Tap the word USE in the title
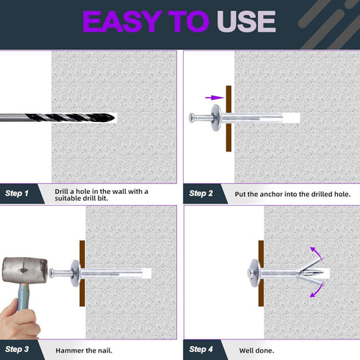(246, 21)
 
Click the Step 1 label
(17, 193)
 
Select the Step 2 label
(201, 193)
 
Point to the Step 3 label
(17, 349)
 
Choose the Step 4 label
(201, 349)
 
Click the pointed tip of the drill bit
(114, 118)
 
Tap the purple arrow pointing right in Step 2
(215, 98)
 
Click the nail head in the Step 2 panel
(192, 118)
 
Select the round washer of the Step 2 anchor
(216, 118)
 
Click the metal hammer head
(25, 270)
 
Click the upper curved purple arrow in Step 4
(317, 252)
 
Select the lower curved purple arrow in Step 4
(317, 290)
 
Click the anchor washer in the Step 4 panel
(255, 273)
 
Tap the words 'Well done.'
(256, 350)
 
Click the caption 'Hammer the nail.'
(84, 350)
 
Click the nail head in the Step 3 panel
(51, 273)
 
